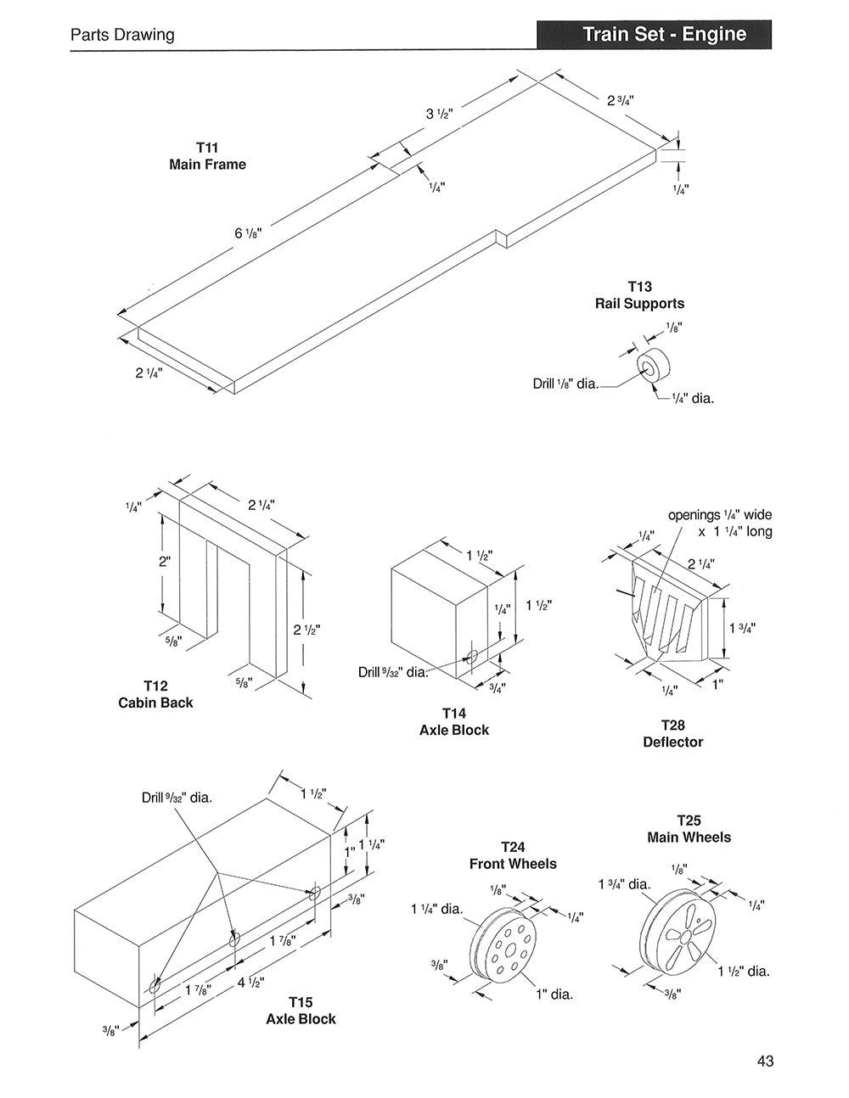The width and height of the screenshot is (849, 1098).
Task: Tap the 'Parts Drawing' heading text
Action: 122,35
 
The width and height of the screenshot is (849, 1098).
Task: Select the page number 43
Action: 765,1061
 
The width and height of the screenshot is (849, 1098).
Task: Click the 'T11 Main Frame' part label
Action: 207,156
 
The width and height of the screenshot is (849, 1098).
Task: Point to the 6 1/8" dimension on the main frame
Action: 248,232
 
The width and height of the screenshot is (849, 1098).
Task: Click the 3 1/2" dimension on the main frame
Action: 440,113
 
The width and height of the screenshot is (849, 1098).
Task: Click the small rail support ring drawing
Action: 655,366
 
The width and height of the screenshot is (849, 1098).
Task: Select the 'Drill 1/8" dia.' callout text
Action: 565,384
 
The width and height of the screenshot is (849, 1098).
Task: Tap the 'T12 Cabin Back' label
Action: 155,694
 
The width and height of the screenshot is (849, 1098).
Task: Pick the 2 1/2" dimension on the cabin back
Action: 306,630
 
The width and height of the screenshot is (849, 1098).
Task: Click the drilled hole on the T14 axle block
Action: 473,656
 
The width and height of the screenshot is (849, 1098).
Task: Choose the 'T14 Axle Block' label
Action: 454,721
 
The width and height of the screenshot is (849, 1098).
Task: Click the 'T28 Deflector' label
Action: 672,733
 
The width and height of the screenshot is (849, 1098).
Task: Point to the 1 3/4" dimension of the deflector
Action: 742,628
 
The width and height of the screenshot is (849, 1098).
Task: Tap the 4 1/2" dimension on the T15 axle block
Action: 250,983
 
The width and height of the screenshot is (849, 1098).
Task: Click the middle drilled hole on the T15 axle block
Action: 234,938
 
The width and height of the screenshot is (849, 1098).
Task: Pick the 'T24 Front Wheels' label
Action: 513,855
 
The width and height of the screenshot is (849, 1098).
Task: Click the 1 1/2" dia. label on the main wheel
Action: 744,971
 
